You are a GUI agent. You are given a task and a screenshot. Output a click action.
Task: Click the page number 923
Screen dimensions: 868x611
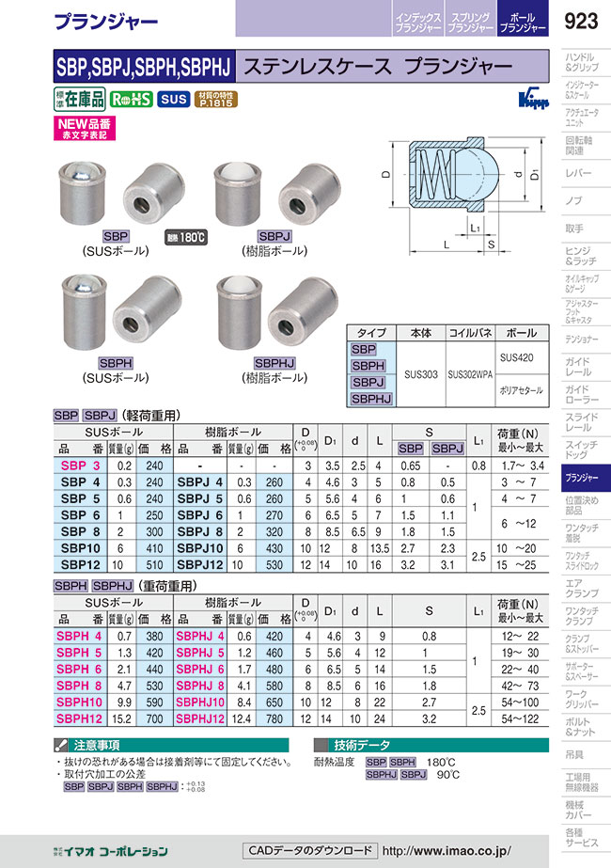point(584,20)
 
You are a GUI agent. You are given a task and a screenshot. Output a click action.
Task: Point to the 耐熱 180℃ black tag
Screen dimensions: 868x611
point(185,237)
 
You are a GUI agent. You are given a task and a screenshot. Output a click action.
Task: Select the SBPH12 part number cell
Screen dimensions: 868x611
point(81,719)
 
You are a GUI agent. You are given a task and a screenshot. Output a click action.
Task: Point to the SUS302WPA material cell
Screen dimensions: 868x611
point(470,373)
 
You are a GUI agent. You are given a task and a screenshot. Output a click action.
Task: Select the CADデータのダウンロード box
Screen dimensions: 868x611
point(308,850)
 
